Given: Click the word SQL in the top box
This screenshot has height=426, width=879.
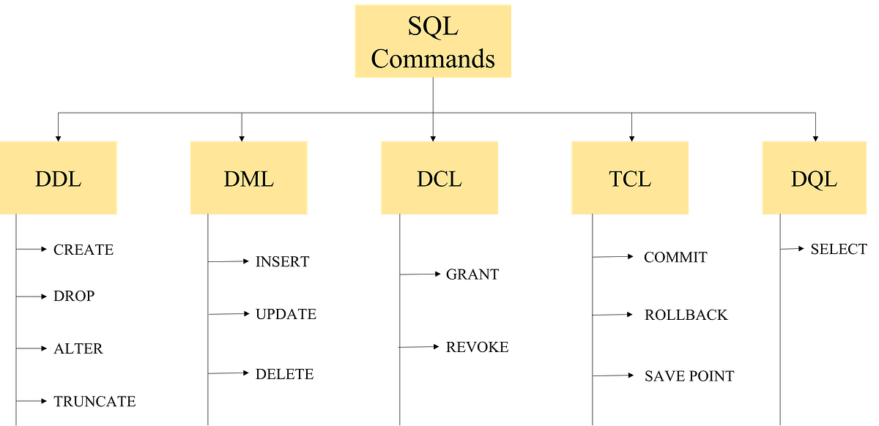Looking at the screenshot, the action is (433, 27).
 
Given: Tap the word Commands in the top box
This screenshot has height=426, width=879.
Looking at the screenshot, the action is (433, 59).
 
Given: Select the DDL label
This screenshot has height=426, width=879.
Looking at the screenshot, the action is (59, 179).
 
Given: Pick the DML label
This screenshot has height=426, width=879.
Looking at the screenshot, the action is (248, 179).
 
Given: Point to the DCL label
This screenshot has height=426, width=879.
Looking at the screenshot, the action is (439, 179).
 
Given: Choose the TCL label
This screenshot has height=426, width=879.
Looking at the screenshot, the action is (630, 179).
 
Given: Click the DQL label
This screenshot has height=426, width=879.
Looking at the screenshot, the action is (814, 179).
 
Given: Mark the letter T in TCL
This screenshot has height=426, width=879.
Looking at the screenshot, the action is (616, 179).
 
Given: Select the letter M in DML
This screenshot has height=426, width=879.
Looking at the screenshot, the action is (249, 179).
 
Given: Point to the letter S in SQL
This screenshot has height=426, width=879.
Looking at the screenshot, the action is (415, 27).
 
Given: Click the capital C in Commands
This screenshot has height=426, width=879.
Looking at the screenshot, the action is (380, 59).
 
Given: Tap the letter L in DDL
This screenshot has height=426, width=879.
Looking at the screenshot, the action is (75, 179).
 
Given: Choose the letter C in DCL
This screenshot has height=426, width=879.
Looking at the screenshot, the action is (439, 179).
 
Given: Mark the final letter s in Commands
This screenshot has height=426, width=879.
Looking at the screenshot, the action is (489, 59).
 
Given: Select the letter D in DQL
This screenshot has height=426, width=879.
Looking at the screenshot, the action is (798, 179).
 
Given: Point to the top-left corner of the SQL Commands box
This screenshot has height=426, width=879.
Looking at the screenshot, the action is (354, 4).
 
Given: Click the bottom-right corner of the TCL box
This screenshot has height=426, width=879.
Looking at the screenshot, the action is (690, 215).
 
